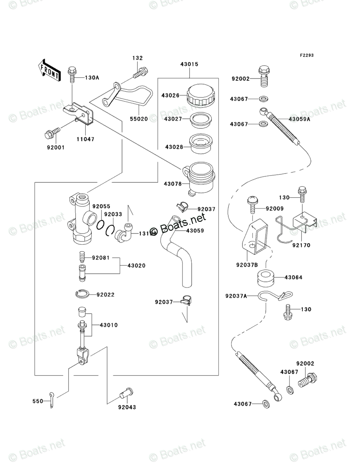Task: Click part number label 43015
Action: click(189, 64)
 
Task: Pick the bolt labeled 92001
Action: click(52, 131)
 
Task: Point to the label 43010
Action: click(109, 325)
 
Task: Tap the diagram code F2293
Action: click(306, 56)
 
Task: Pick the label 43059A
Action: click(299, 119)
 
